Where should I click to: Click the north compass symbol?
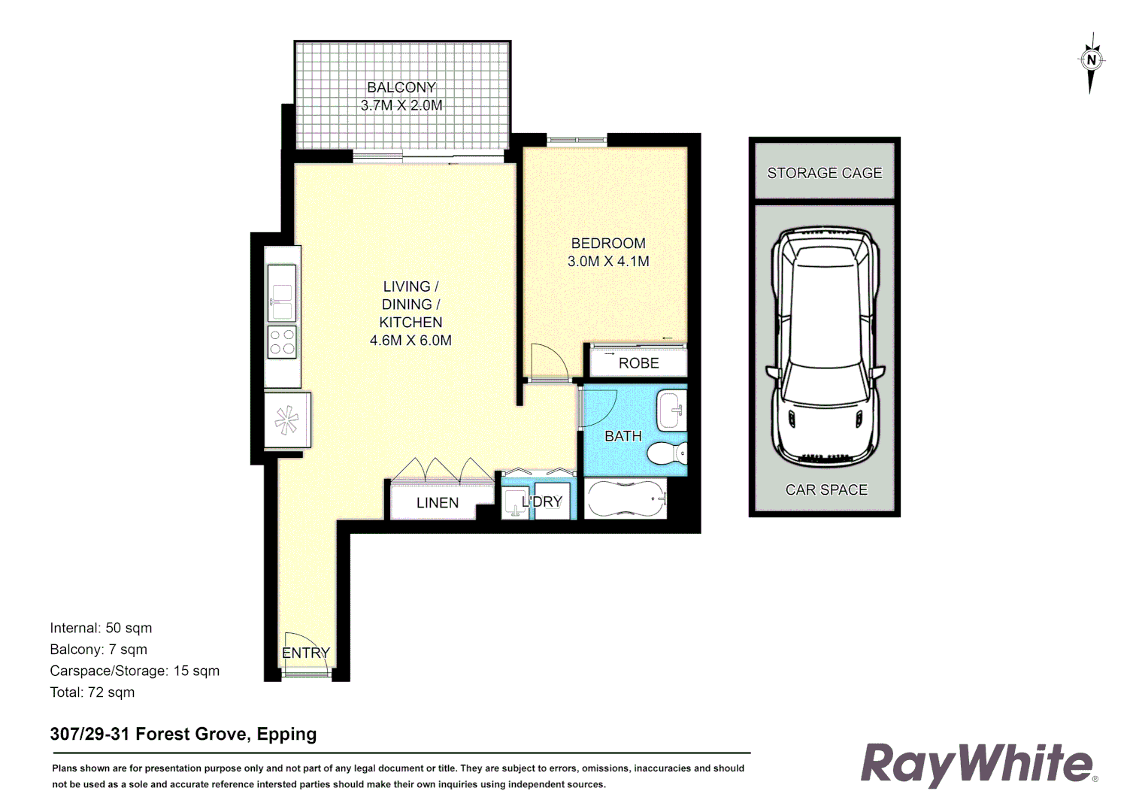click(1091, 60)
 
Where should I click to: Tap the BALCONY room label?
click(401, 87)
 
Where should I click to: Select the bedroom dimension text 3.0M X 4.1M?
click(608, 262)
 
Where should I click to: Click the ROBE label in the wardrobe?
click(638, 363)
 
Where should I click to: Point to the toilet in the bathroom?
click(667, 453)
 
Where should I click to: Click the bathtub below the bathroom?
click(626, 498)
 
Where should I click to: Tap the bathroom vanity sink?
click(671, 410)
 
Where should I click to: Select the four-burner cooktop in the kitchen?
click(282, 342)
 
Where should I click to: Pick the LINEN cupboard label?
click(438, 503)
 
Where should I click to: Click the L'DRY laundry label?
click(542, 501)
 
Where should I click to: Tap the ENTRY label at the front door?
click(306, 653)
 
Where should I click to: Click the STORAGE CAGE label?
click(824, 173)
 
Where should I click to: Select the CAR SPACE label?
click(826, 489)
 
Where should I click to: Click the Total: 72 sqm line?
click(92, 692)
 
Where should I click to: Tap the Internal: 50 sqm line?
click(101, 628)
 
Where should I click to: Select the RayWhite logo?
click(977, 764)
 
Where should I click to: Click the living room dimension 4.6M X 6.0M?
click(410, 341)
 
